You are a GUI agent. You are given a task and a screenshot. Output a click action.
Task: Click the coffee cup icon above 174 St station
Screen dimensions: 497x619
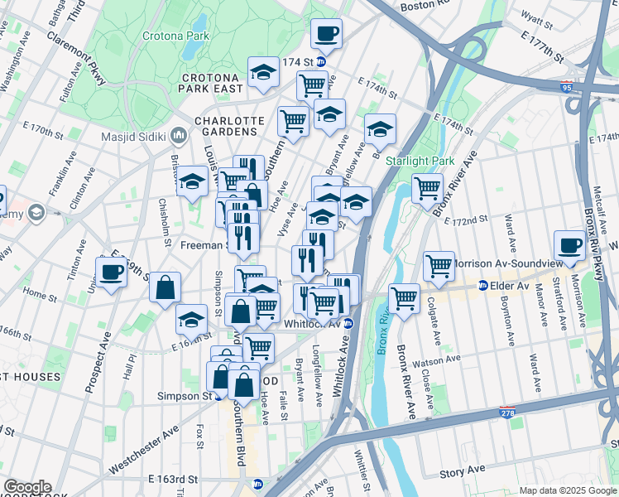click(x=326, y=34)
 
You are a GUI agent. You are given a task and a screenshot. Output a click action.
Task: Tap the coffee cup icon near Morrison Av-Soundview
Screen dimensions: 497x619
click(x=569, y=245)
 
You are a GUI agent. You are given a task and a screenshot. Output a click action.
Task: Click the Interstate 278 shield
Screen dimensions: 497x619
click(x=506, y=412)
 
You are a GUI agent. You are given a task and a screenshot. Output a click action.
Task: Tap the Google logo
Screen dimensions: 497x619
click(x=27, y=487)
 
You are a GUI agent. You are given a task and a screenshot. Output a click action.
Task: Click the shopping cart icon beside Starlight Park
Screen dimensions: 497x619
click(x=427, y=188)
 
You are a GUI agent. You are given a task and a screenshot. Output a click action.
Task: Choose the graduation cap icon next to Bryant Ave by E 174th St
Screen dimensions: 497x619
click(x=329, y=114)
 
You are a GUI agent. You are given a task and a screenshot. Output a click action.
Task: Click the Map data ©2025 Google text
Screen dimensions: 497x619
click(x=567, y=490)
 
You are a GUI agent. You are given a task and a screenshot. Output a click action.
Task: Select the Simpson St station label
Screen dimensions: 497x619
click(x=185, y=396)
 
